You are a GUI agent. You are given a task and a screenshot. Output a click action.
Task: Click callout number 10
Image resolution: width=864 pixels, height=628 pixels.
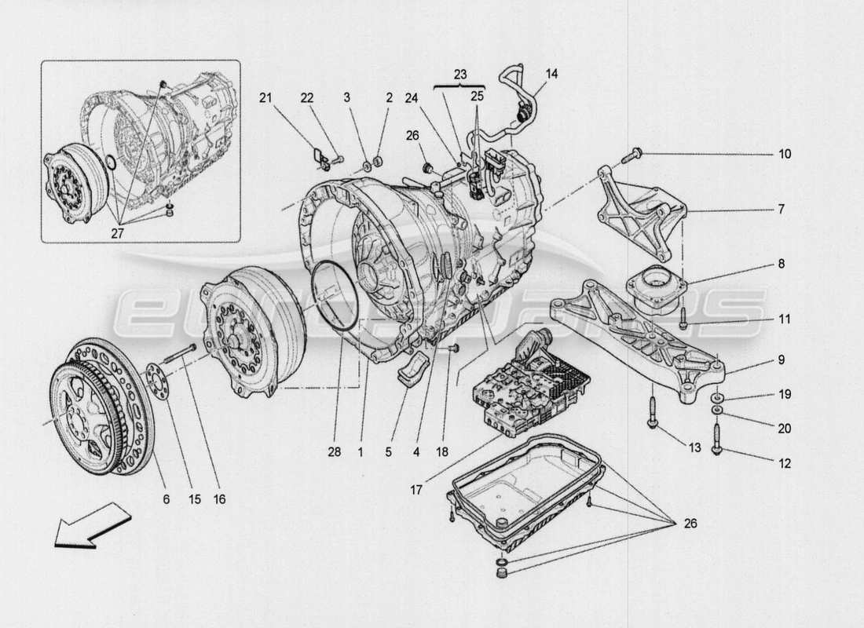(x=785, y=154)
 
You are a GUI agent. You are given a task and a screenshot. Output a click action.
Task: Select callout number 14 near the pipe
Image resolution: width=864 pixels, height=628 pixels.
(x=552, y=74)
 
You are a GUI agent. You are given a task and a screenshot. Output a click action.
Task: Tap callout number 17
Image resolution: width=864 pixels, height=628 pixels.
(x=416, y=488)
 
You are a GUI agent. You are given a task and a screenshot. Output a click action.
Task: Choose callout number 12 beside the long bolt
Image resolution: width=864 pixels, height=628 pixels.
(x=785, y=464)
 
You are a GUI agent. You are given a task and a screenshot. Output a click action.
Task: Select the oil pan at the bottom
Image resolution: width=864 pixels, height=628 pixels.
(x=526, y=491)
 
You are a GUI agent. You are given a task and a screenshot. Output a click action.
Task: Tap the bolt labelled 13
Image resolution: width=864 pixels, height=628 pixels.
(x=653, y=414)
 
